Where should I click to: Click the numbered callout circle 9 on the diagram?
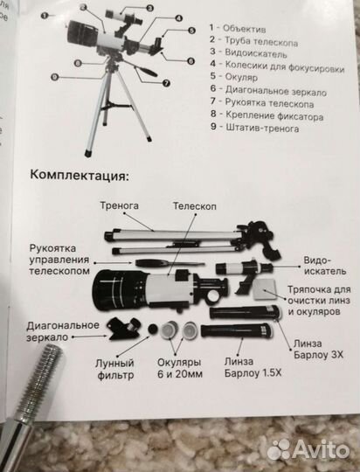pos(55,77)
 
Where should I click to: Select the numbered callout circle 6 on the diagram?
pos(190,60)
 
